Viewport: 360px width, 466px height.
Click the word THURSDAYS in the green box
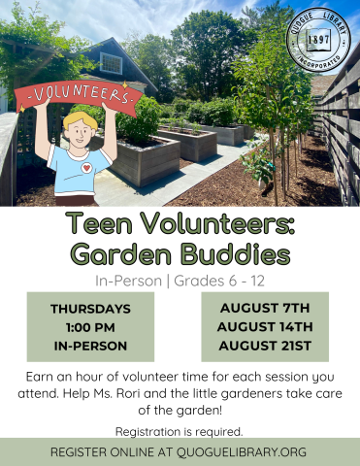(x=90, y=310)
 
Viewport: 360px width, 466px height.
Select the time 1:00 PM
(x=90, y=327)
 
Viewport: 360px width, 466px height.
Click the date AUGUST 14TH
(x=265, y=326)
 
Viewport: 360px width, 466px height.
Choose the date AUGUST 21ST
(x=265, y=346)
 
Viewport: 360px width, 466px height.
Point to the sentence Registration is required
(x=180, y=430)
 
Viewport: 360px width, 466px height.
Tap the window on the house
(x=112, y=64)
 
